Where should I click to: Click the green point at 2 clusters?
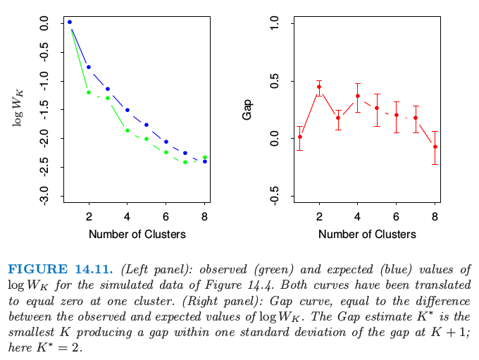click(x=89, y=92)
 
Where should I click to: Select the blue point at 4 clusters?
click(x=127, y=110)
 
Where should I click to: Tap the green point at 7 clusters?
click(x=185, y=162)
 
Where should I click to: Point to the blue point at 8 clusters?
click(x=205, y=161)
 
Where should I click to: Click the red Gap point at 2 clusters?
click(x=319, y=87)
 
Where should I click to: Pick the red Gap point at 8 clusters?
click(x=435, y=147)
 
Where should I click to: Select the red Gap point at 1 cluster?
click(x=300, y=137)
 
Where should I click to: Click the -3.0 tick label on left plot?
click(x=44, y=196)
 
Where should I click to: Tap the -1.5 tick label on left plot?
click(x=44, y=109)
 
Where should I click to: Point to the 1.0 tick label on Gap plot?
click(x=275, y=23)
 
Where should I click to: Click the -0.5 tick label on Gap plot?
click(x=275, y=196)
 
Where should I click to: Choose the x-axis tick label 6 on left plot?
click(x=166, y=217)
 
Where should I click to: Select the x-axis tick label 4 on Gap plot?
click(x=357, y=217)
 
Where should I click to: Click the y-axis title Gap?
click(x=247, y=110)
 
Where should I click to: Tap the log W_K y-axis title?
click(x=18, y=108)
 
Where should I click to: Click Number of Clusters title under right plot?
click(x=367, y=235)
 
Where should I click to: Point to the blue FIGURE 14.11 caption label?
click(x=61, y=269)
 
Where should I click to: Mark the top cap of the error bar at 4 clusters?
click(x=357, y=83)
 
